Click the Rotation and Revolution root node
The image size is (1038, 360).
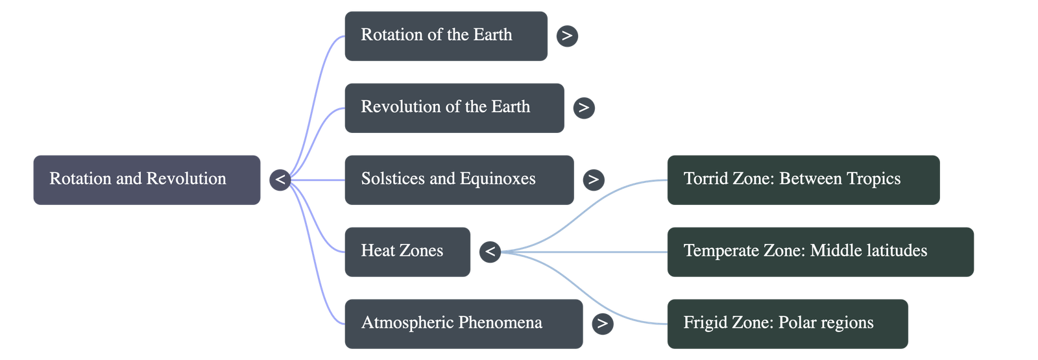click(x=147, y=180)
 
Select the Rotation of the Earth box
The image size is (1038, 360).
click(x=446, y=36)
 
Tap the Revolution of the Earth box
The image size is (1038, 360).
click(x=453, y=108)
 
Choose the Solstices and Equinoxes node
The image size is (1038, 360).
click(x=459, y=180)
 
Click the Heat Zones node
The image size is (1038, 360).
click(x=407, y=252)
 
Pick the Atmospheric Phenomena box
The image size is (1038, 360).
click(x=463, y=324)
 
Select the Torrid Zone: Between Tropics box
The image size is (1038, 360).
click(x=803, y=180)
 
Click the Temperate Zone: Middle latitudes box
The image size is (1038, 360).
click(x=820, y=252)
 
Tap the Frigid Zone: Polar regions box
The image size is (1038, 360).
click(x=787, y=324)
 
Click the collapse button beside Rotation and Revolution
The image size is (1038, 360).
click(x=280, y=180)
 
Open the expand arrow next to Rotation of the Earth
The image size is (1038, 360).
click(x=567, y=36)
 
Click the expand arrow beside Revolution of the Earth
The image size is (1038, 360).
click(x=584, y=108)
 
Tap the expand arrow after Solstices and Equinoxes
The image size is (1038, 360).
click(x=593, y=180)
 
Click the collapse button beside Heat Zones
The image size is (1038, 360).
click(x=490, y=252)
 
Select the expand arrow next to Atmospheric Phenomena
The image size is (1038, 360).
click(x=602, y=324)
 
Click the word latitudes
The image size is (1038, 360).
click(x=897, y=251)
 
